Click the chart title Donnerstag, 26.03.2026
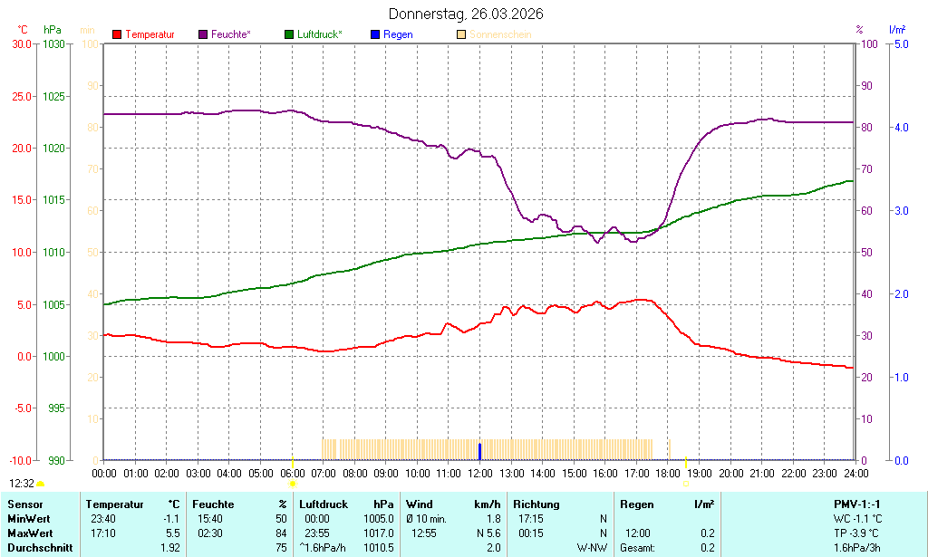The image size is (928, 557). (466, 14)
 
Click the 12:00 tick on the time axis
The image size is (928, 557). (479, 473)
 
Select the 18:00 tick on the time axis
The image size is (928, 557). (668, 473)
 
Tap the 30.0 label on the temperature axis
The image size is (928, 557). (20, 43)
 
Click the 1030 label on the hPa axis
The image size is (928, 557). (54, 43)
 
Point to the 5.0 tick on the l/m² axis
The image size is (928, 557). (902, 43)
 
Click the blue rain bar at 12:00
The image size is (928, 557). (479, 451)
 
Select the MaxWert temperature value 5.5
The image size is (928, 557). (172, 533)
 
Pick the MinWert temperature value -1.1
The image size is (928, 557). (171, 519)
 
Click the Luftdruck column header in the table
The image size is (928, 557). (324, 504)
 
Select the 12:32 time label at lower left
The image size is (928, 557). (23, 484)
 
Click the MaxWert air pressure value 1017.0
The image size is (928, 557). (378, 533)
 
